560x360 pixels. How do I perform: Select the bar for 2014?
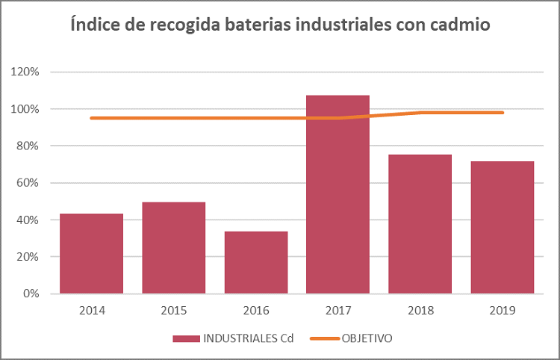[91, 254]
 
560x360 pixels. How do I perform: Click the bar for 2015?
[173, 248]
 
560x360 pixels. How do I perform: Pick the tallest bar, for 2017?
[337, 194]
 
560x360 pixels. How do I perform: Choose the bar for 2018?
[420, 224]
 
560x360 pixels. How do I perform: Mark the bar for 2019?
[502, 228]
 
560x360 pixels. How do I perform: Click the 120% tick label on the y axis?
[25, 72]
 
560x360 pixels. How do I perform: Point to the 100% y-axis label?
[25, 109]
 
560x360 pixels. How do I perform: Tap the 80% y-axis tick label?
[28, 146]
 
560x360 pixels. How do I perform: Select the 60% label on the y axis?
[28, 183]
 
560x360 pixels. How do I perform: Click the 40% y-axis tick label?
[28, 220]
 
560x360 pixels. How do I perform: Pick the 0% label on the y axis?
[30, 294]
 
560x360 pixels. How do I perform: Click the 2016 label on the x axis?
[255, 309]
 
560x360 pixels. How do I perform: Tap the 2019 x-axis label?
[502, 309]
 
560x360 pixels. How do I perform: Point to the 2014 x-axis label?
[91, 309]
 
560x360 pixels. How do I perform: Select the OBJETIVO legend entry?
[367, 338]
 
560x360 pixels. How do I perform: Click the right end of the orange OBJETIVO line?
[503, 113]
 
